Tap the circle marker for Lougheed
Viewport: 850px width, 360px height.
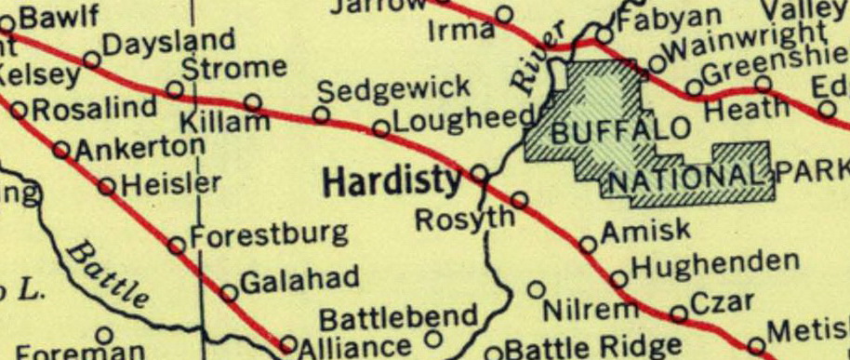(x=381, y=128)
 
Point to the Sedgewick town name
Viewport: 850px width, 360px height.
(x=394, y=91)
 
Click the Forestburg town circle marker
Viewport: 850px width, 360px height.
(x=176, y=246)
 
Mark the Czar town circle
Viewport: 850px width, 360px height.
(x=679, y=313)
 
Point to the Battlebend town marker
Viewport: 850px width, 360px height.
(x=432, y=336)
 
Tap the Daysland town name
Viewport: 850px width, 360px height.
(x=168, y=43)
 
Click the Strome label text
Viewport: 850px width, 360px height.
(x=233, y=68)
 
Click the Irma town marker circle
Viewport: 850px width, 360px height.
(x=504, y=14)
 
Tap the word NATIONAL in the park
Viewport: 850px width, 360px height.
(x=691, y=175)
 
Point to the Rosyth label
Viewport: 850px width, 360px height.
(x=464, y=220)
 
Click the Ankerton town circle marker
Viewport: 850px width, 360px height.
(x=61, y=149)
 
